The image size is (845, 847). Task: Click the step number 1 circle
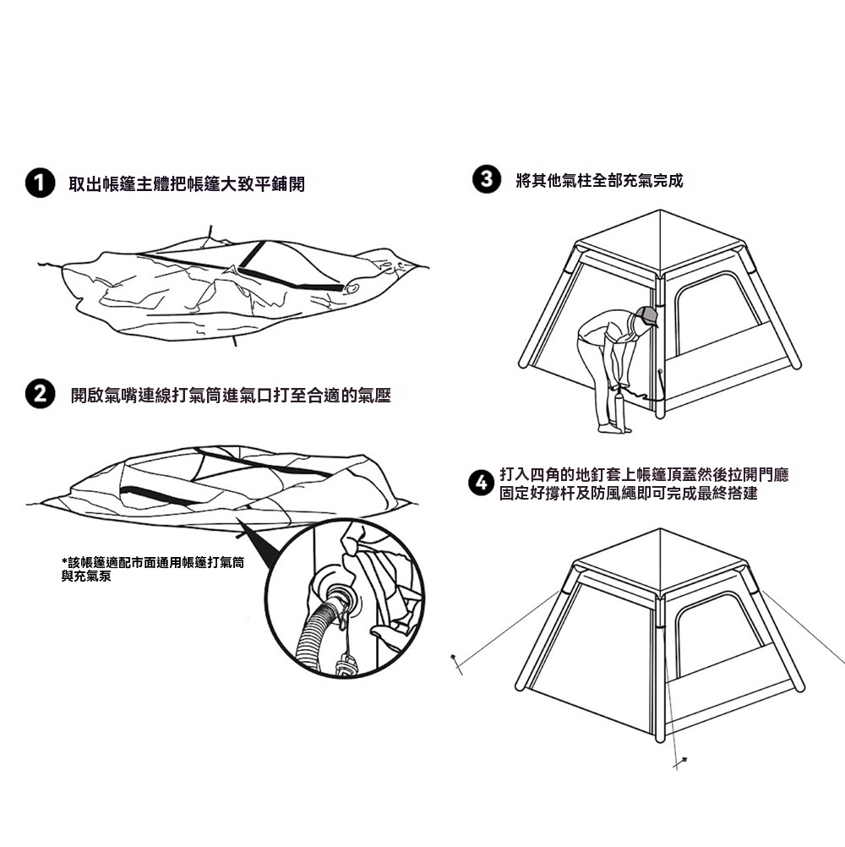click(x=38, y=183)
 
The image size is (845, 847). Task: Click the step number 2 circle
click(x=38, y=395)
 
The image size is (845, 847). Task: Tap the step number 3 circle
click(x=485, y=180)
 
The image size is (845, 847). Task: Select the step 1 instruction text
click(x=186, y=184)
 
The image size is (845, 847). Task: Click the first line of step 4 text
click(x=643, y=475)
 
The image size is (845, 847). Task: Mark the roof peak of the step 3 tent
click(x=659, y=211)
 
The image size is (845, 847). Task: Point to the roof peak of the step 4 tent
click(x=659, y=531)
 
